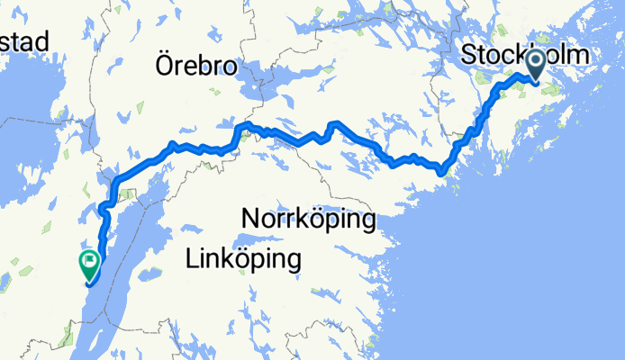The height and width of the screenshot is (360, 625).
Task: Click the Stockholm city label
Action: click(525, 55)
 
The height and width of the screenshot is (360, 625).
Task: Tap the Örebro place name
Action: click(195, 67)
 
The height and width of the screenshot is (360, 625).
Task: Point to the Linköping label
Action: click(242, 261)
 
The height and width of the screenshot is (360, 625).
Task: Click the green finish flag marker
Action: click(89, 264)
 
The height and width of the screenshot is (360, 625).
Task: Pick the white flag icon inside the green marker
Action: click(89, 262)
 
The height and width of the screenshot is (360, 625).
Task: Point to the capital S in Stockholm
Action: click(469, 55)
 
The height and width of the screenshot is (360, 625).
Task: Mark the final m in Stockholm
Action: click(579, 56)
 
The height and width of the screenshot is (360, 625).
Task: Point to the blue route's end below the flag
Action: click(88, 283)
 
